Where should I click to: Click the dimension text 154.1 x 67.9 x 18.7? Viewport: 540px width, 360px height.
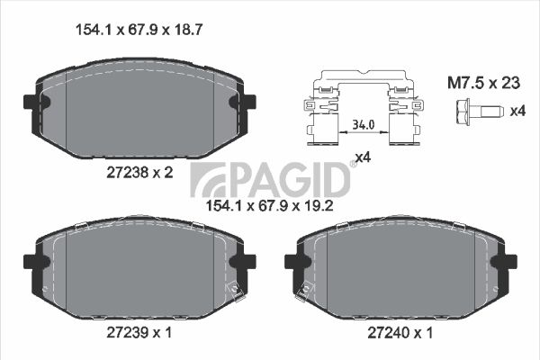139,30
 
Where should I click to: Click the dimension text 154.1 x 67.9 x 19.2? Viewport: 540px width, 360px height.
269,206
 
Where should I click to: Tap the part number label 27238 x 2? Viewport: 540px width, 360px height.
139,172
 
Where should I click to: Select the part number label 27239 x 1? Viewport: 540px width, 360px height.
139,332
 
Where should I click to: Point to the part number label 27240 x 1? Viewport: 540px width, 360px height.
400,333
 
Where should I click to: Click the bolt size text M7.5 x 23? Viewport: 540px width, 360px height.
483,83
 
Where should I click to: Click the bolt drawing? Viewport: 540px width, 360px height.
480,111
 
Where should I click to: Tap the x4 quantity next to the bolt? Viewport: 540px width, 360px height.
517,111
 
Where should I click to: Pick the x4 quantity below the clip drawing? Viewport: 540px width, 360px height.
363,157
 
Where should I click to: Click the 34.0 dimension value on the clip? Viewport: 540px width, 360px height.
364,124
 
